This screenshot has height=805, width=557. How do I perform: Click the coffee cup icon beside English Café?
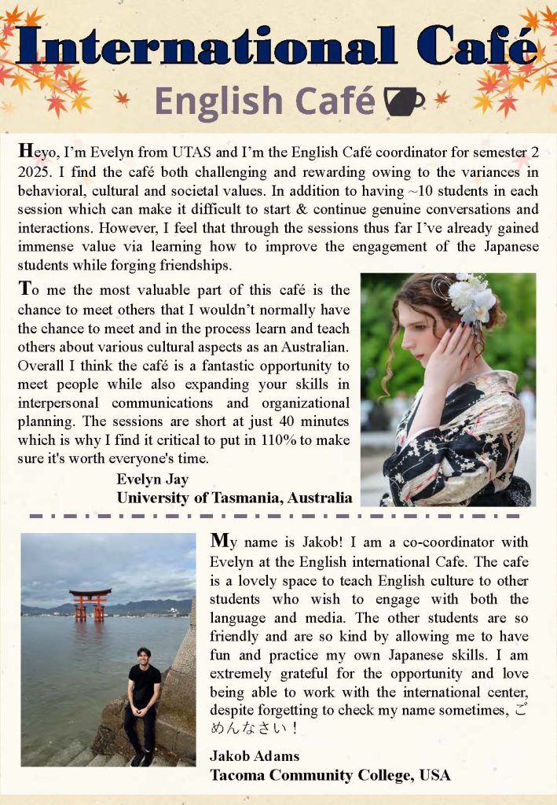pyautogui.click(x=404, y=100)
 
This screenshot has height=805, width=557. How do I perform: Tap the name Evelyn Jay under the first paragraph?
pyautogui.click(x=152, y=479)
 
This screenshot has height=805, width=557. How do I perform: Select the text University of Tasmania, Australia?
pyautogui.click(x=234, y=497)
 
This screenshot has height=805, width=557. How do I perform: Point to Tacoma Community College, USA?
pyautogui.click(x=330, y=774)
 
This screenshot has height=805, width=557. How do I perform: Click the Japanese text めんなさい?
pyautogui.click(x=247, y=728)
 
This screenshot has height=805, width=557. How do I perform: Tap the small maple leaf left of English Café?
pyautogui.click(x=123, y=97)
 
